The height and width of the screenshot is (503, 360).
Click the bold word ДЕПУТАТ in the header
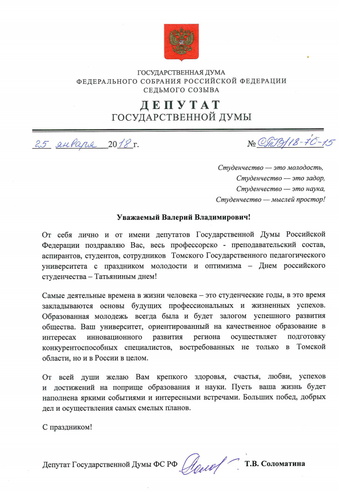click(x=180, y=103)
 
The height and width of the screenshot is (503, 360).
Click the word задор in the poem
click(x=314, y=178)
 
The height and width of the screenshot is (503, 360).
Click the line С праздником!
click(x=67, y=428)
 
